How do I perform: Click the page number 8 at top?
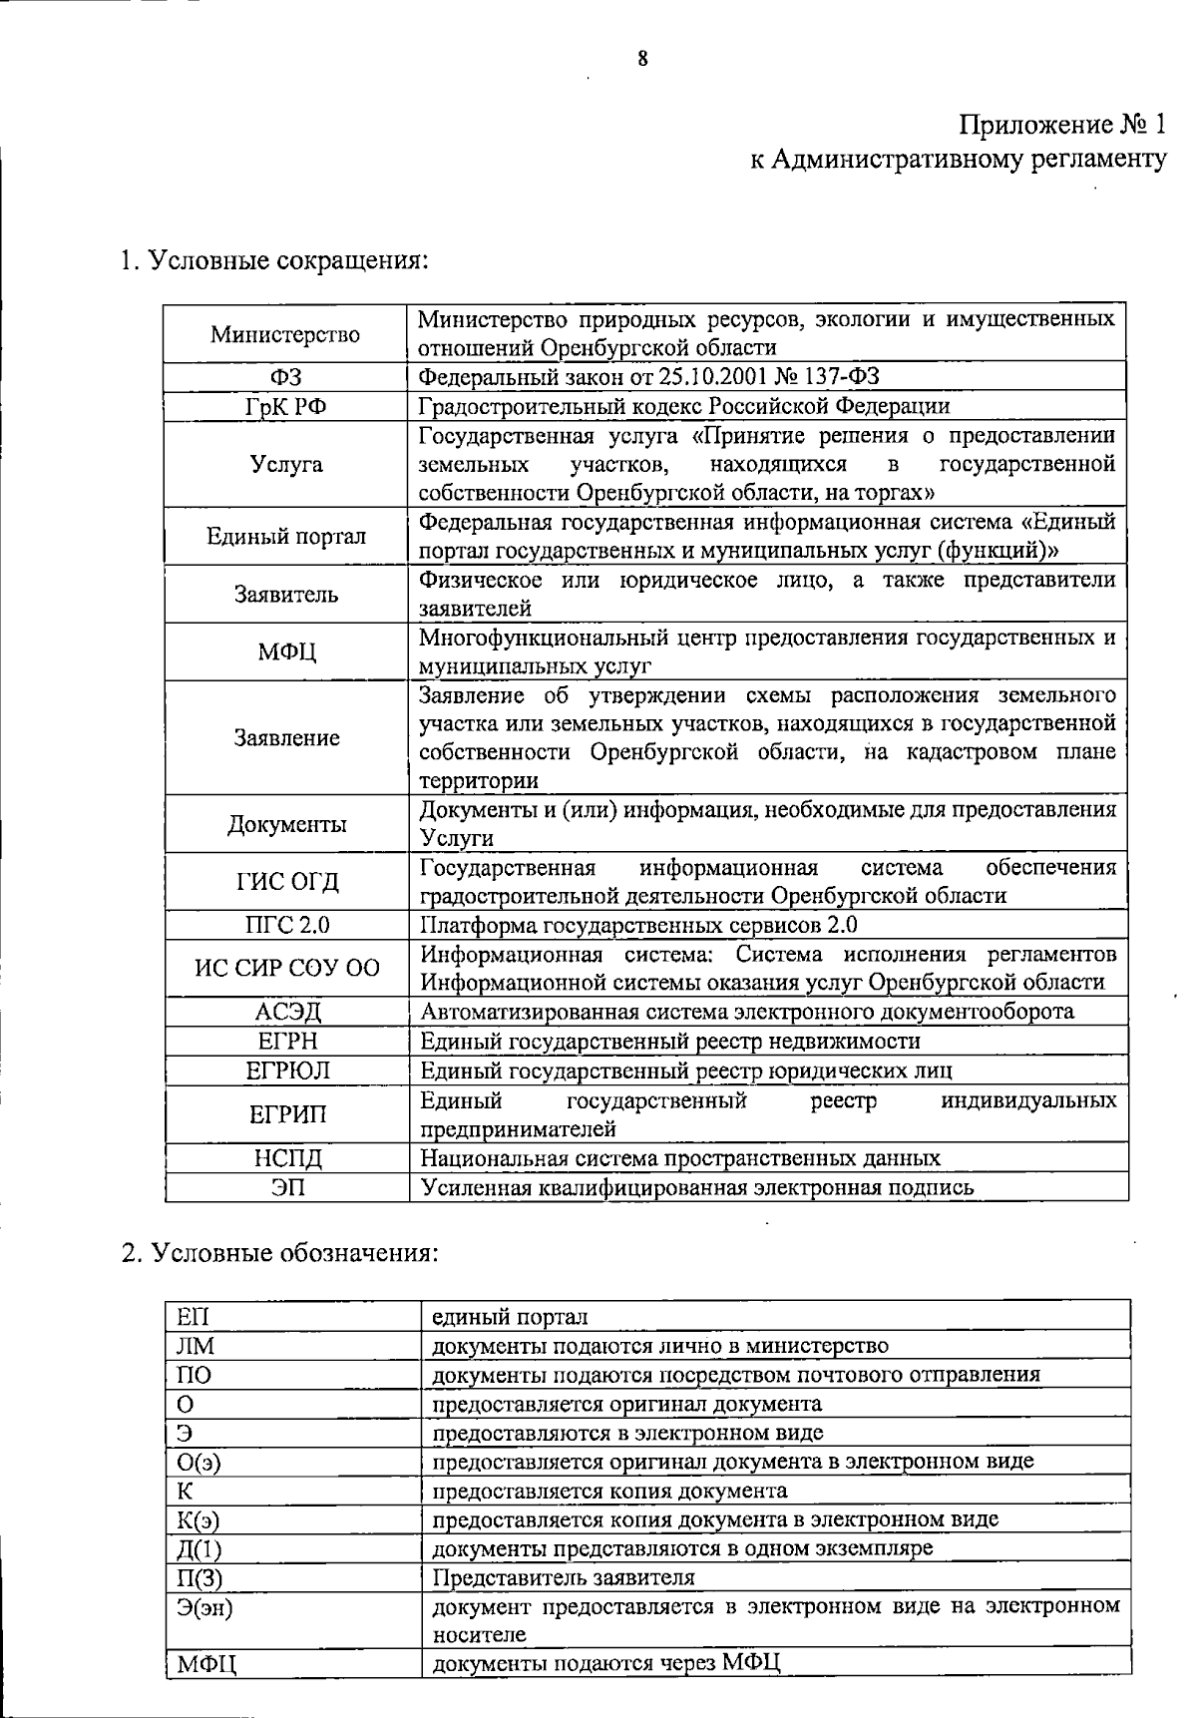(643, 59)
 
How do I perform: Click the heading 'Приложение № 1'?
(1061, 126)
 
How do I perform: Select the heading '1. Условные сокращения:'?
(274, 261)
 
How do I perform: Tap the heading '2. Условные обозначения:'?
(279, 1253)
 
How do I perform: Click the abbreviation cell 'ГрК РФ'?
(286, 407)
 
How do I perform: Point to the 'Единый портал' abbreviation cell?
(286, 537)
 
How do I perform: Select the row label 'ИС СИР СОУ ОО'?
(286, 969)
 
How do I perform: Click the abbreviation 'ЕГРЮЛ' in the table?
(286, 1072)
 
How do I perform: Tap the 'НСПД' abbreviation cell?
(286, 1159)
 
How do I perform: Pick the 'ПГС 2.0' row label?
(286, 926)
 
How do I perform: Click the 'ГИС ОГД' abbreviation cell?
(286, 882)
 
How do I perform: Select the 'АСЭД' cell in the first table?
(286, 1013)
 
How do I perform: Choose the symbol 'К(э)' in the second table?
(198, 1520)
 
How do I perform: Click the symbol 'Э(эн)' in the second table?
(204, 1607)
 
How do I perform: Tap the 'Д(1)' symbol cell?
(199, 1549)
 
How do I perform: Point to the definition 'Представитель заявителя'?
(563, 1578)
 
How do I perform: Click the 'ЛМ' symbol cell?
(196, 1347)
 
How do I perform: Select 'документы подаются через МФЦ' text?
(605, 1663)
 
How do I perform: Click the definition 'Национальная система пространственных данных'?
(679, 1159)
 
